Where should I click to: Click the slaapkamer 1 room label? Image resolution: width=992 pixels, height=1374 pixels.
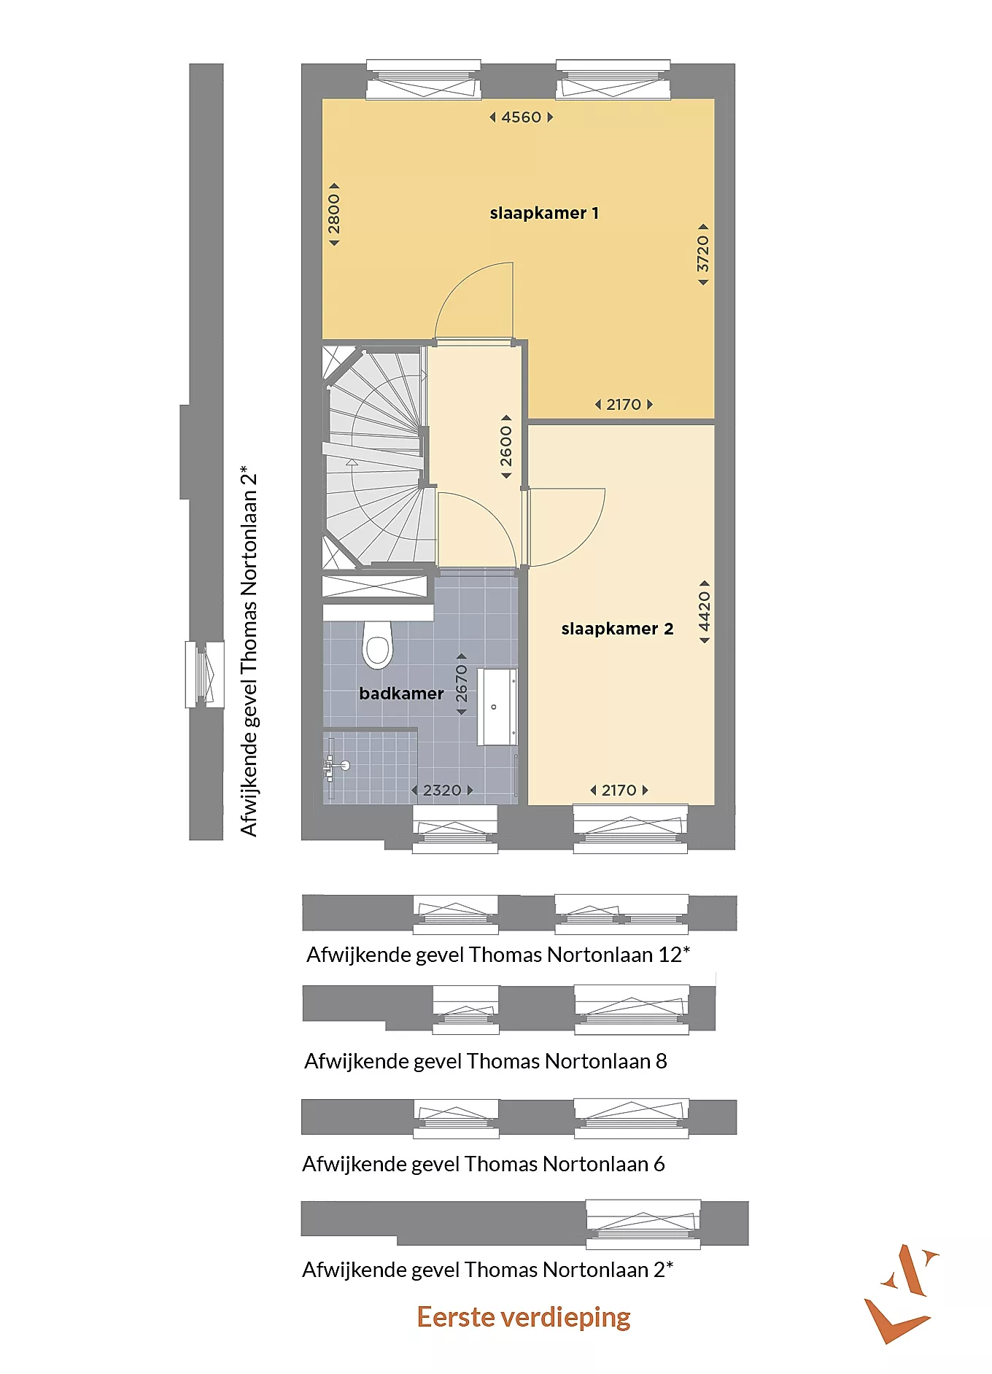tap(544, 213)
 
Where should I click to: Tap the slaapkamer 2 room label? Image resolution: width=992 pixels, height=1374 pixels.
tap(617, 629)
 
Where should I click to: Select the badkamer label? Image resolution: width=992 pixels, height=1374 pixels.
tap(401, 694)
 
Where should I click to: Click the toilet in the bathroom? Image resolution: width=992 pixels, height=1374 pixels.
tap(377, 645)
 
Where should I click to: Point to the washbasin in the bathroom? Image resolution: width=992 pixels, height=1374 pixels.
tap(497, 707)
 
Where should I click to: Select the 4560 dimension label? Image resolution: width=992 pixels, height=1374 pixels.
tap(522, 117)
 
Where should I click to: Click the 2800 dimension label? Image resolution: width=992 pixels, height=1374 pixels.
tap(333, 214)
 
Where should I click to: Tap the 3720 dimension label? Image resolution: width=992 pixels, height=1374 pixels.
tap(702, 254)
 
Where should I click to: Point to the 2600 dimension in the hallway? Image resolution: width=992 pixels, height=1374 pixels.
tap(506, 447)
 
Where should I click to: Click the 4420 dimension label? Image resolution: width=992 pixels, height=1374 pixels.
tap(704, 612)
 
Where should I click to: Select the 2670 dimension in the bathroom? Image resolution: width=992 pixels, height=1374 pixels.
tap(461, 683)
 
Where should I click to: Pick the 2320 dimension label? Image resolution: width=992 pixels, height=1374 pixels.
tap(442, 791)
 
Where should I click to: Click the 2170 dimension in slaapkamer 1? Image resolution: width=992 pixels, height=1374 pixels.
tap(624, 405)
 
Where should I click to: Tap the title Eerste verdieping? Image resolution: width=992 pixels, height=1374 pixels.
tap(524, 1317)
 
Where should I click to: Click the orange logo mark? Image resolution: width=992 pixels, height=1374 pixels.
tap(900, 1294)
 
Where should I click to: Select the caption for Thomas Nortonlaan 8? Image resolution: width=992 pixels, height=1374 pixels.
tap(486, 1061)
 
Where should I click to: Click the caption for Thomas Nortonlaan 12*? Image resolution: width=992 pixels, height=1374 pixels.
tap(498, 955)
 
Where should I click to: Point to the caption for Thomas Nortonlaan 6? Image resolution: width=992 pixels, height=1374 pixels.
tap(484, 1164)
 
